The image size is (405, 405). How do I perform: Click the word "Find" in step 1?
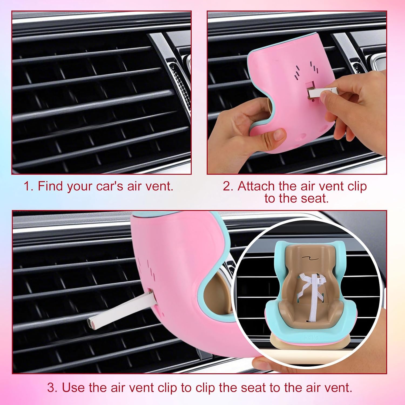pos(50,186)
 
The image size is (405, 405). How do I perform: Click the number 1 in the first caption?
pos(28,186)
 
